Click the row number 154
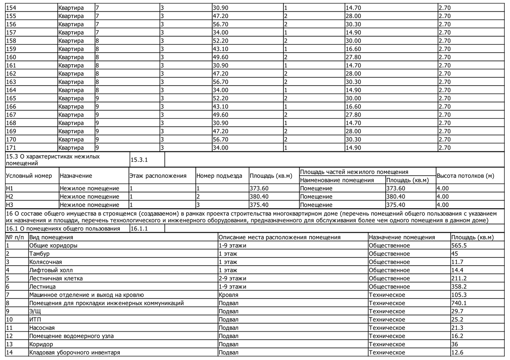11,8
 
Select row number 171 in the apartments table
11,148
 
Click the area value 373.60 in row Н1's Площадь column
259,188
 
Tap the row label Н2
10,197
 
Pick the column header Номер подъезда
219,176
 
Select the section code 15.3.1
139,160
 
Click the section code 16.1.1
139,229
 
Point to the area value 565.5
459,246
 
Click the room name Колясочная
45,262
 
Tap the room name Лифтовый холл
51,270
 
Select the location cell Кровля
228,295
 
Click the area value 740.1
459,303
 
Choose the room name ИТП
35,320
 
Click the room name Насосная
42,328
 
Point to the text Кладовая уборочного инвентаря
74,353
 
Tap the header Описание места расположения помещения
279,237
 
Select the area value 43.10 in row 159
220,49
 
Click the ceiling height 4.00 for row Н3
443,205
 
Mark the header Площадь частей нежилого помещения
354,172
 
